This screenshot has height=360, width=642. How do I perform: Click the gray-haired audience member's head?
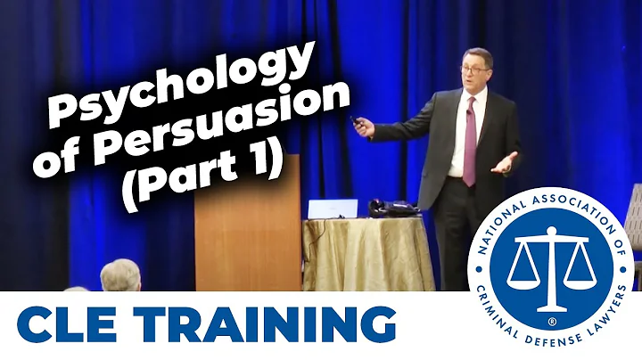pyautogui.click(x=121, y=276)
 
